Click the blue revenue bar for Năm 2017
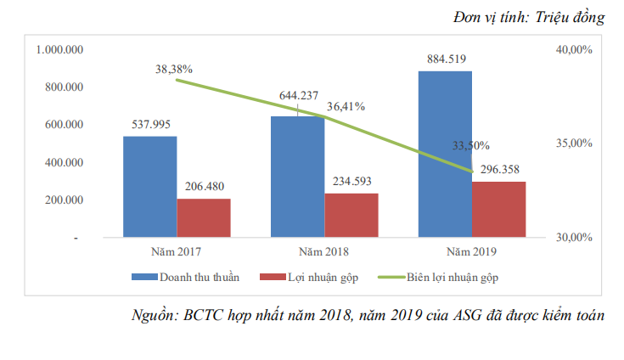pyautogui.click(x=149, y=187)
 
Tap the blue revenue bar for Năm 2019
pyautogui.click(x=444, y=154)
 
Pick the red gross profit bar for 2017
pyautogui.click(x=204, y=217)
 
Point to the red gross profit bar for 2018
pyautogui.click(x=351, y=215)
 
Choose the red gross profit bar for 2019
pyautogui.click(x=498, y=209)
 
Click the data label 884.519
pyautogui.click(x=444, y=59)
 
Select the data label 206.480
pyautogui.click(x=204, y=187)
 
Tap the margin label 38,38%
pyautogui.click(x=174, y=68)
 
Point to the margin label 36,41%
pyautogui.click(x=346, y=107)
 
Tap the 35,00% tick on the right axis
pyautogui.click(x=573, y=143)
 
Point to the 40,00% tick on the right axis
pyautogui.click(x=573, y=50)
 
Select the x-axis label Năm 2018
pyautogui.click(x=323, y=252)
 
